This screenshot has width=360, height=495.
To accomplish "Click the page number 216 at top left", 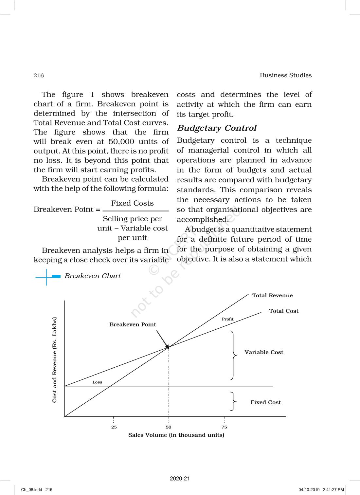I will coord(39,75).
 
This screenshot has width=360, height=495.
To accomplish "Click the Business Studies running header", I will coord(285,75).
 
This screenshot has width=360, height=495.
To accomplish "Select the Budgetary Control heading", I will coord(217,128).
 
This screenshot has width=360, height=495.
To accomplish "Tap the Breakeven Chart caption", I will coord(92,276).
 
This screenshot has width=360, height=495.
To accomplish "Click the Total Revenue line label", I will coord(272,295).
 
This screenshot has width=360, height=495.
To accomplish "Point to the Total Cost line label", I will coord(283,311).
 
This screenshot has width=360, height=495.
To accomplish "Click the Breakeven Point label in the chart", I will coord(133,324).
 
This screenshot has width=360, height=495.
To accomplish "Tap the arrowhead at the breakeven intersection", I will coord(167,346).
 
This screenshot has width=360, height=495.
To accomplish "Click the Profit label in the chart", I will coord(227,319).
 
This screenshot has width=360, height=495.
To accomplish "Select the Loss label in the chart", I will coord(97,382).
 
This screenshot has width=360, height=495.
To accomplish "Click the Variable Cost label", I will coord(264,352).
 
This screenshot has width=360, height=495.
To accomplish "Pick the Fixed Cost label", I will coord(265,402).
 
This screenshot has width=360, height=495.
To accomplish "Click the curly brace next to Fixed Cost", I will coord(233,401).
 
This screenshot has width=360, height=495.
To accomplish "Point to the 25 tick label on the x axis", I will coord(114,427).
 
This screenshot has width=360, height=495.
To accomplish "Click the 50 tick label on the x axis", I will coord(169,427).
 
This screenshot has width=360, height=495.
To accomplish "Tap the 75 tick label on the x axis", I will coord(224,427).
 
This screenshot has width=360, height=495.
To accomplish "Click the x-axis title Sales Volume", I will coord(176,435).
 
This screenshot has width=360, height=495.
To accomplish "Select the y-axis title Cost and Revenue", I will coord(54,359).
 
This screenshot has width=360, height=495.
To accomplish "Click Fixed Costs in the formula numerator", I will coord(132,203).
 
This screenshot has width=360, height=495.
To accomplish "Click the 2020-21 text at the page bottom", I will coord(180,479).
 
